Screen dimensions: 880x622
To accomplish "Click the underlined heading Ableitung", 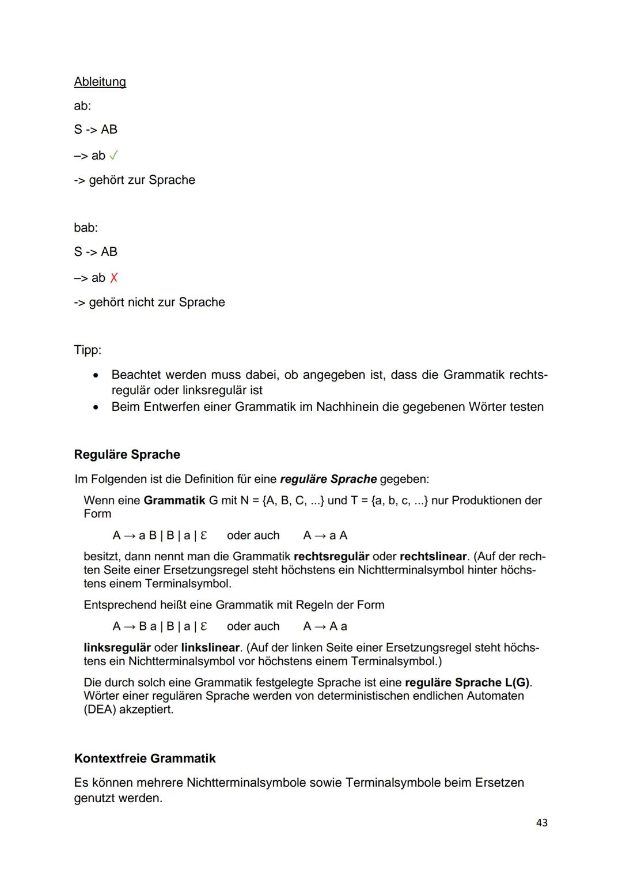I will pyautogui.click(x=100, y=82).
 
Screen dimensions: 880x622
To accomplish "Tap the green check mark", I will pyautogui.click(x=114, y=156).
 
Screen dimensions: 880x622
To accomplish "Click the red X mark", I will pyautogui.click(x=114, y=278).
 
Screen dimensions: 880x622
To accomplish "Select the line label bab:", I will pyautogui.click(x=86, y=228).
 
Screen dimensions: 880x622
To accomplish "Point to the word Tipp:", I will pyautogui.click(x=88, y=350).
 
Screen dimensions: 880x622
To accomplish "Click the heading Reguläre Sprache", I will pyautogui.click(x=127, y=455).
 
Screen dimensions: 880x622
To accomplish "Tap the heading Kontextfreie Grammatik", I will pyautogui.click(x=145, y=758).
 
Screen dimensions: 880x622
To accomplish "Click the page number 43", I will pyautogui.click(x=541, y=823).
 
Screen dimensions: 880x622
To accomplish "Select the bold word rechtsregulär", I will pyautogui.click(x=331, y=557).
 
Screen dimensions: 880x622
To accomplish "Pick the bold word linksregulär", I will pyautogui.click(x=117, y=648).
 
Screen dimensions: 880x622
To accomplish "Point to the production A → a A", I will pyautogui.click(x=325, y=535).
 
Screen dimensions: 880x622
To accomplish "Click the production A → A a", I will pyautogui.click(x=325, y=626).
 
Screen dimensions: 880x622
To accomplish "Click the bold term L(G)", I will pyautogui.click(x=517, y=683).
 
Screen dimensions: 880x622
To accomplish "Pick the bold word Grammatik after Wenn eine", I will pyautogui.click(x=174, y=500).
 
